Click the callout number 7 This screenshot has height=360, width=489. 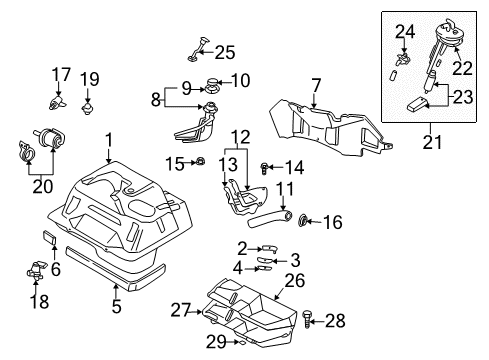click(316, 86)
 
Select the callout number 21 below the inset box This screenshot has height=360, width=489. click(432, 142)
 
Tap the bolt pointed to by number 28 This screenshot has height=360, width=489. click(307, 320)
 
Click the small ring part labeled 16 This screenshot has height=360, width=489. click(302, 221)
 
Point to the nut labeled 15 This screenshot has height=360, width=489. click(200, 162)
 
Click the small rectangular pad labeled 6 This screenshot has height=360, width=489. click(49, 237)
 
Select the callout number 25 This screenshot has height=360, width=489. click(225, 52)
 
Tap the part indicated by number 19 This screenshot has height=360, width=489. click(87, 109)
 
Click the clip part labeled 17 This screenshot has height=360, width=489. click(57, 103)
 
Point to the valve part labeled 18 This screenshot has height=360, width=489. click(36, 270)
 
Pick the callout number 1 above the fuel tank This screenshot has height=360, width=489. click(109, 140)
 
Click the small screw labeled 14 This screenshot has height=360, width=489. click(264, 168)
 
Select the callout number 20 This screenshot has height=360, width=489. click(43, 187)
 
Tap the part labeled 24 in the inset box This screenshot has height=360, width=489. click(402, 59)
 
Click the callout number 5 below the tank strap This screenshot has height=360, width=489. click(116, 306)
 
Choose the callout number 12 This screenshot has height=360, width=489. click(240, 137)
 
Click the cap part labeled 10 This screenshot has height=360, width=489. click(213, 82)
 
